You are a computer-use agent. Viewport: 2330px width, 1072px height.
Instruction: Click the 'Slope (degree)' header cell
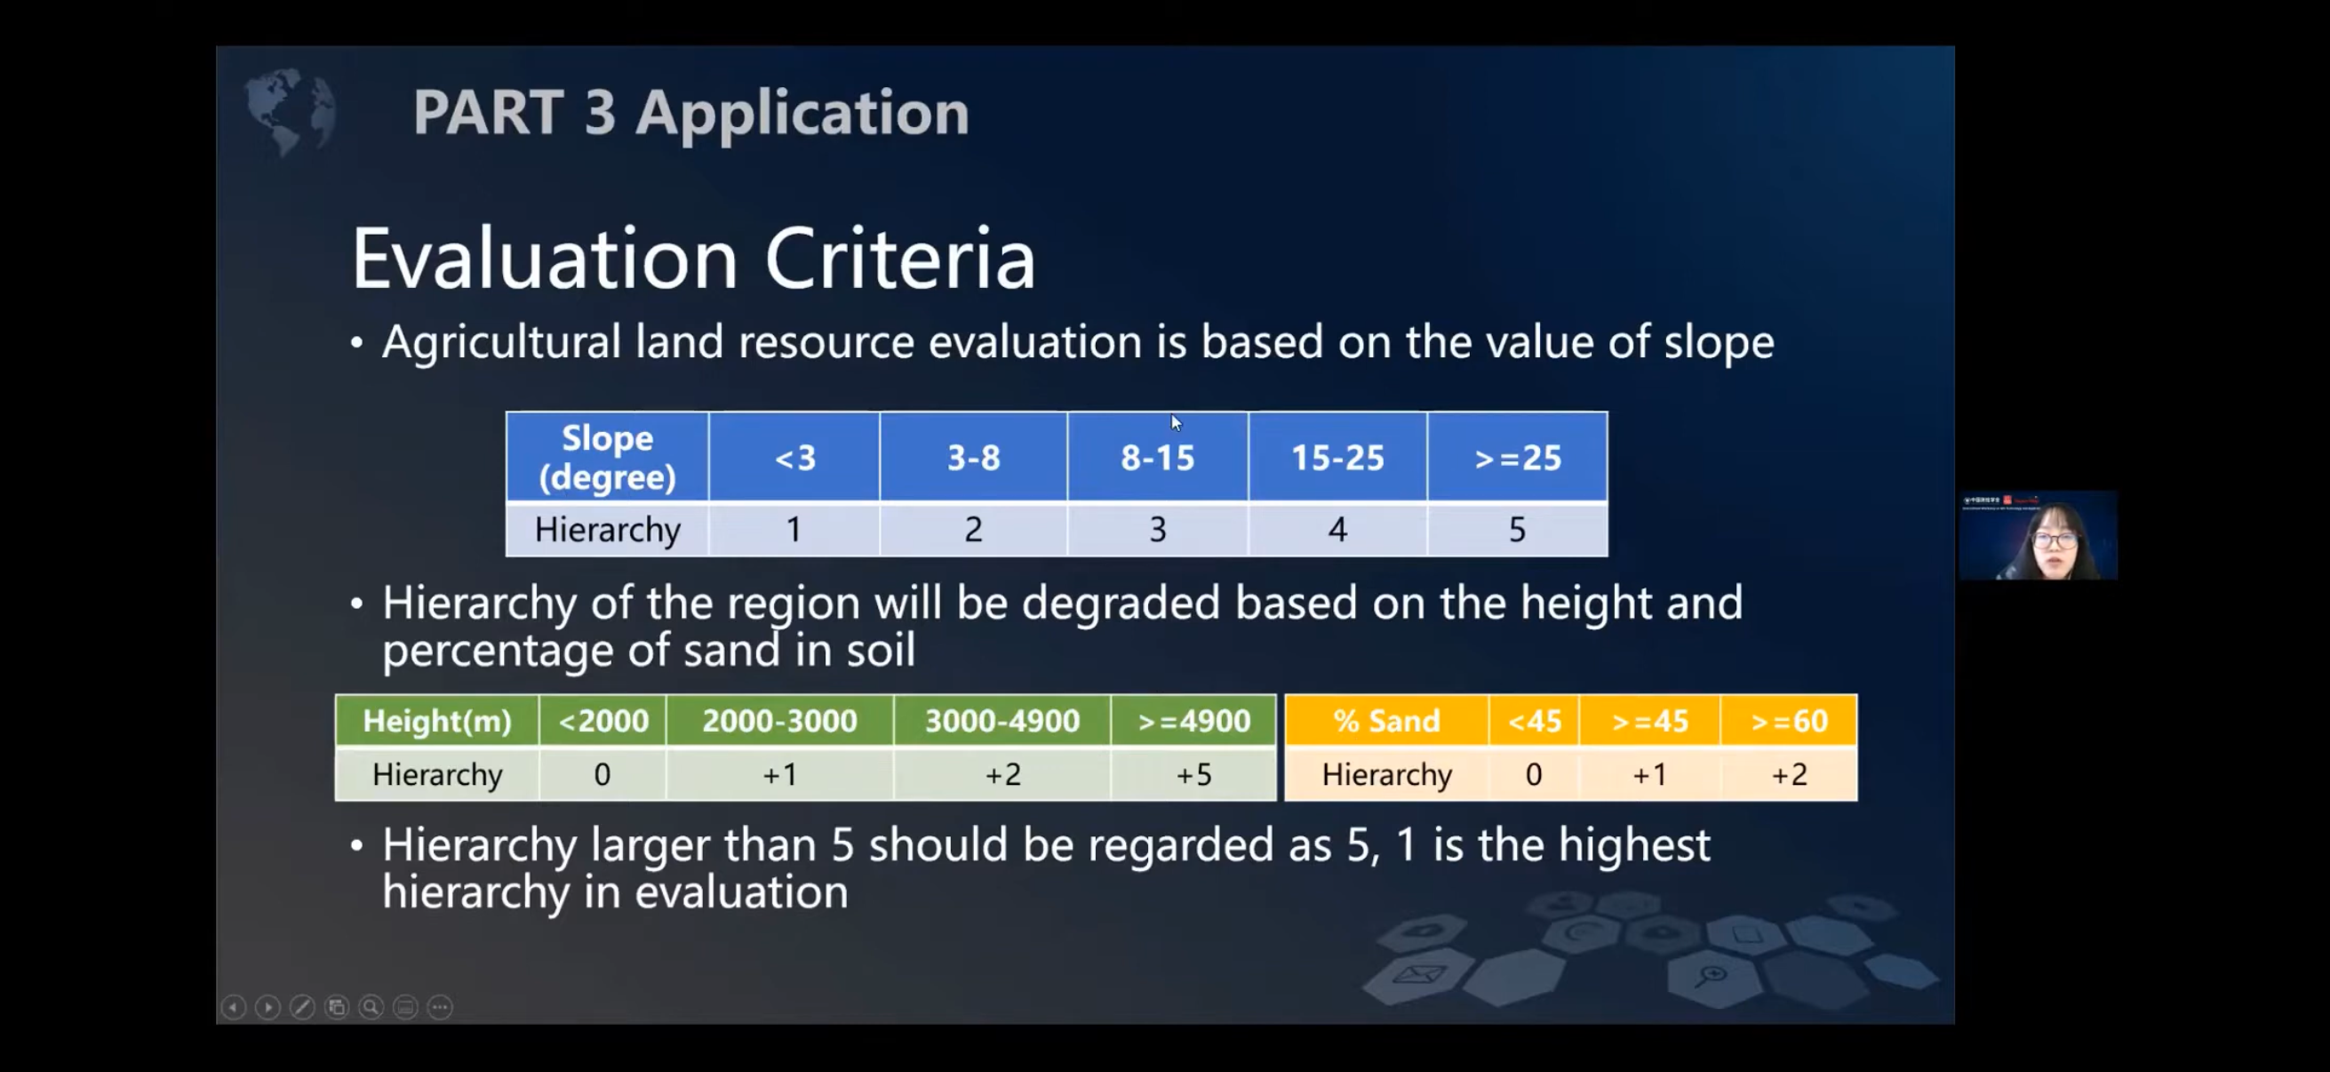click(607, 457)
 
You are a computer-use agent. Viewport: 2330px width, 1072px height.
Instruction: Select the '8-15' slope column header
click(1158, 457)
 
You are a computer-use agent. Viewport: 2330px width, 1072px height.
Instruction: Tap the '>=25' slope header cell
click(1518, 457)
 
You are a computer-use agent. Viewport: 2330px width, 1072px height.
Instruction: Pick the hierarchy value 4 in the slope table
click(1337, 529)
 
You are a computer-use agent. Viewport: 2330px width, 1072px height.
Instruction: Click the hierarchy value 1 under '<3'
click(794, 529)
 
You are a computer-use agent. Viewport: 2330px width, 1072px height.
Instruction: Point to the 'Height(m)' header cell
click(437, 721)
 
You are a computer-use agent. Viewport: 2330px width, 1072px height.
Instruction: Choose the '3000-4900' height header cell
click(1002, 721)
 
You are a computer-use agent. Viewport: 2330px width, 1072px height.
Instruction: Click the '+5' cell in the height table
click(1194, 774)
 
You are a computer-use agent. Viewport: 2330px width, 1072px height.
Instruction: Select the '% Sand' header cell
click(1386, 721)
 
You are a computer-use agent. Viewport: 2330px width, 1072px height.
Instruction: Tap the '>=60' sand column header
click(1789, 721)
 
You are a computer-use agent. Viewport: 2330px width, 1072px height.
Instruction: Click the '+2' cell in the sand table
click(1789, 774)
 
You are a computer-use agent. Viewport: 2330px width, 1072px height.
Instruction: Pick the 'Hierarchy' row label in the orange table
click(1386, 774)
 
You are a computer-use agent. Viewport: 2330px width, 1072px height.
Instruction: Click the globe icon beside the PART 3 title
click(291, 111)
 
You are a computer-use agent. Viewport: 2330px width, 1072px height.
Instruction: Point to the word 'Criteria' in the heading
click(900, 260)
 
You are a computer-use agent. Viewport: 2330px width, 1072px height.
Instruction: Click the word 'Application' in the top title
click(802, 115)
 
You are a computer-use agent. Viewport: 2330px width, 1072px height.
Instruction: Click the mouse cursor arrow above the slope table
click(1176, 422)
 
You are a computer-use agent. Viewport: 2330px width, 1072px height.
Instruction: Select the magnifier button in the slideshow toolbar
click(371, 1007)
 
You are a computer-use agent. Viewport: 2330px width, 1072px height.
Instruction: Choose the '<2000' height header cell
click(603, 721)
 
